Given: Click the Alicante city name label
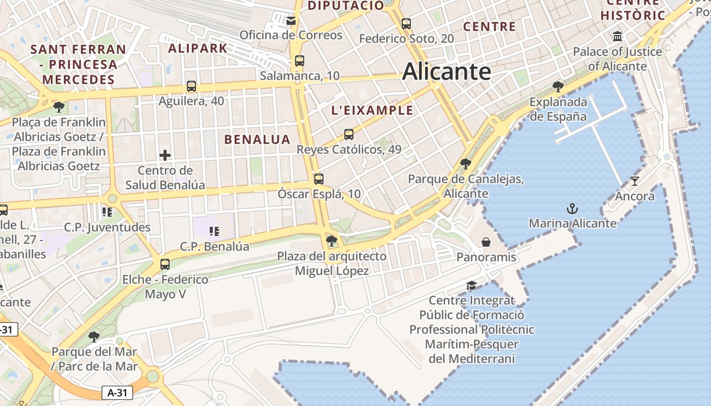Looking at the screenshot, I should (x=446, y=72).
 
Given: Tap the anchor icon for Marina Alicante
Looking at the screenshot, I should (x=572, y=209).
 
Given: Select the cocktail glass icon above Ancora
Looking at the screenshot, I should (x=634, y=181).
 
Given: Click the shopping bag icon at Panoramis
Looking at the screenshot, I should (x=486, y=242).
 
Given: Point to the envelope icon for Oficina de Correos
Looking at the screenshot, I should (x=291, y=20).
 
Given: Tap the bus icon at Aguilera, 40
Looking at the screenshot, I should (x=191, y=86).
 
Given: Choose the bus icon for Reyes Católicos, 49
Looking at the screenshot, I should (x=348, y=134).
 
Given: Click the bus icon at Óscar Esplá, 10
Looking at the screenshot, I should (x=318, y=179).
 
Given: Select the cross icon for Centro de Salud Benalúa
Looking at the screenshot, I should (x=165, y=155).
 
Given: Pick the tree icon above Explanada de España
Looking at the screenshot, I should (x=558, y=87).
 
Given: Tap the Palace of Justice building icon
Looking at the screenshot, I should (x=618, y=37).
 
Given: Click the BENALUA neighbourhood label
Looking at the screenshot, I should (x=257, y=140).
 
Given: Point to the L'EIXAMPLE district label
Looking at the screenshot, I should (x=372, y=110).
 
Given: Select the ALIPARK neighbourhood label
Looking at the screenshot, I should (x=198, y=48).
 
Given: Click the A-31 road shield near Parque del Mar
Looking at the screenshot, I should (x=117, y=392).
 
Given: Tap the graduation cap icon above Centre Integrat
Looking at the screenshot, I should (x=472, y=286).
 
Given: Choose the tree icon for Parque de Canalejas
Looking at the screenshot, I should (x=465, y=164).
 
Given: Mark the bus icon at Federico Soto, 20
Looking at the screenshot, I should (x=406, y=23).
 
